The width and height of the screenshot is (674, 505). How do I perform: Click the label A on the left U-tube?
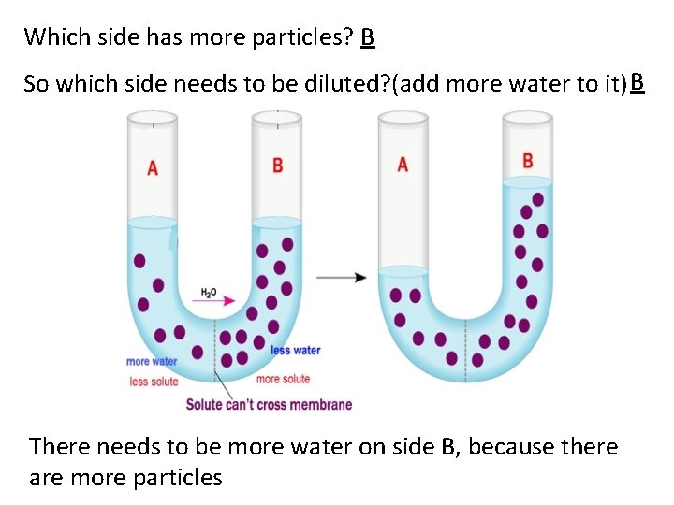click(x=153, y=168)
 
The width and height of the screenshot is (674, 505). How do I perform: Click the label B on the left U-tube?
click(x=277, y=166)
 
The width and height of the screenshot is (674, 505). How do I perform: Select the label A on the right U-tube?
click(x=403, y=165)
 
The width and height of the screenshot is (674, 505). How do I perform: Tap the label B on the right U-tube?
click(x=527, y=161)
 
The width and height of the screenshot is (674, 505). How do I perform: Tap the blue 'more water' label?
click(x=151, y=362)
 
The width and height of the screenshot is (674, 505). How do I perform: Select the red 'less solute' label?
click(x=154, y=382)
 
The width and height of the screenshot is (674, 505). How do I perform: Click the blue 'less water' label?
click(x=295, y=351)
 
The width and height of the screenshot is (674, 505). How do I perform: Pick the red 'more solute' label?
click(x=283, y=379)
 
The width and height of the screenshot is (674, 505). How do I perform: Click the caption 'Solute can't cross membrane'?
click(x=269, y=405)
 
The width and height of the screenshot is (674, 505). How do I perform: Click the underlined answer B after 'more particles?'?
click(x=367, y=37)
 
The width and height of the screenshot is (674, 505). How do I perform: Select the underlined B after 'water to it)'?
click(x=637, y=82)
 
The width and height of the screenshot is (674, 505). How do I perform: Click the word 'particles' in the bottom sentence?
click(x=177, y=478)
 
